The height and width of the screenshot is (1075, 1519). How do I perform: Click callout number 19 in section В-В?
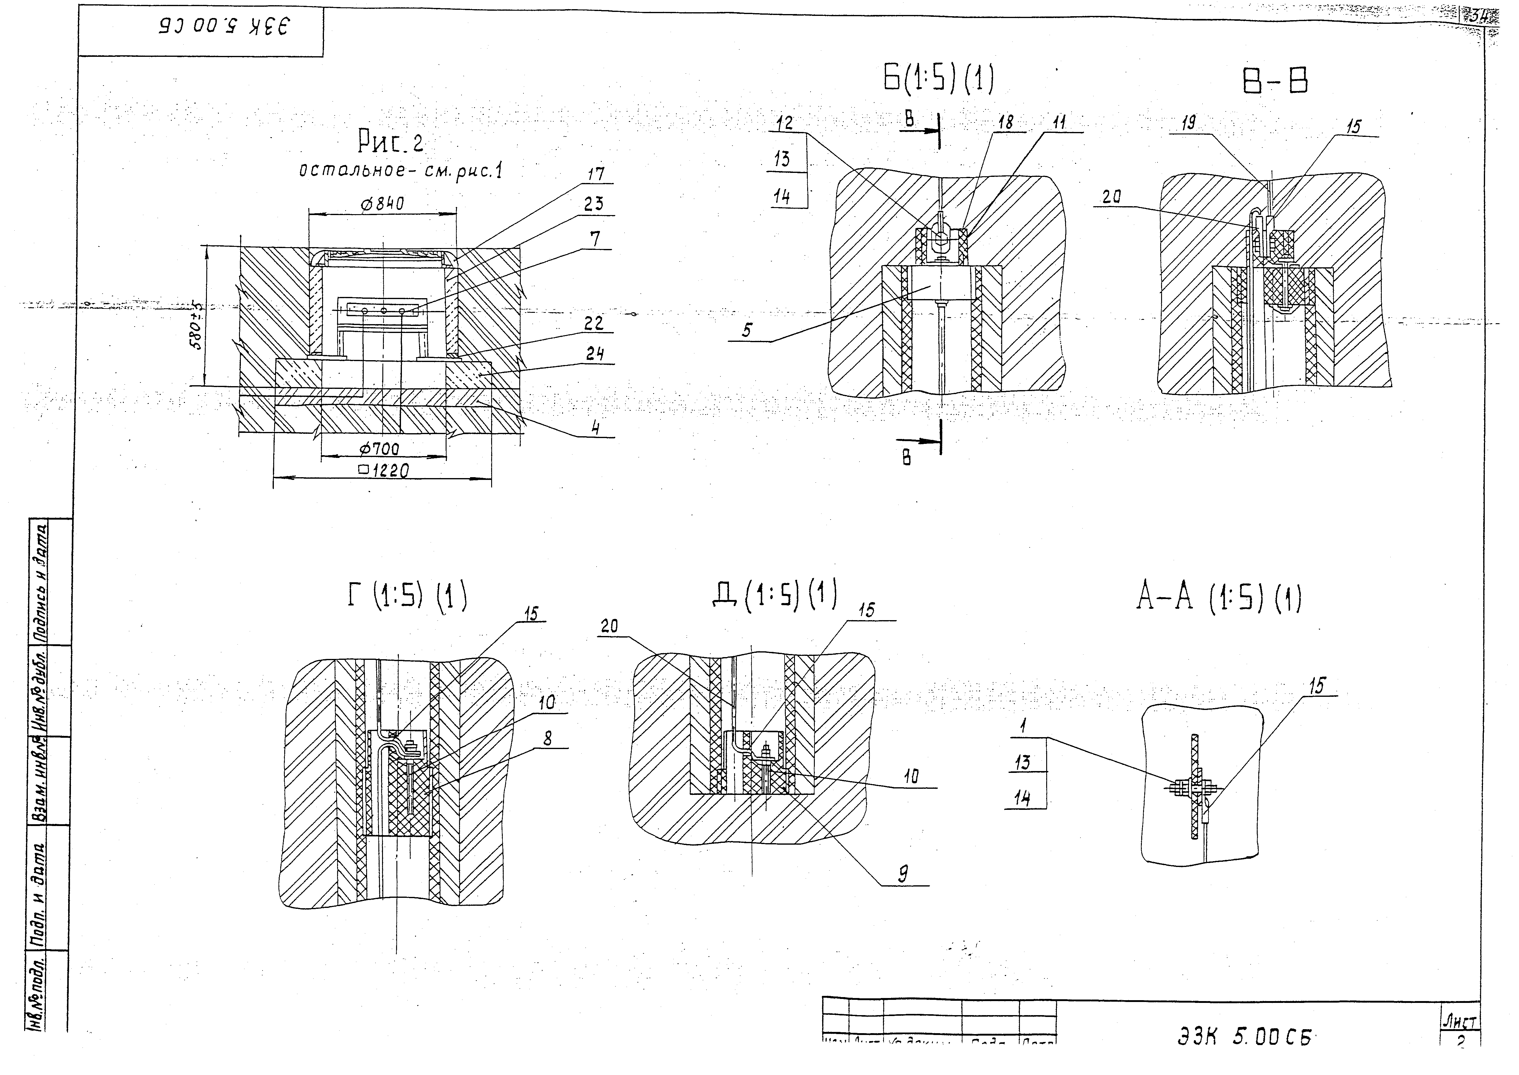click(1195, 122)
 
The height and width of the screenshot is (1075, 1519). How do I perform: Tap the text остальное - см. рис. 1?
click(400, 171)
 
